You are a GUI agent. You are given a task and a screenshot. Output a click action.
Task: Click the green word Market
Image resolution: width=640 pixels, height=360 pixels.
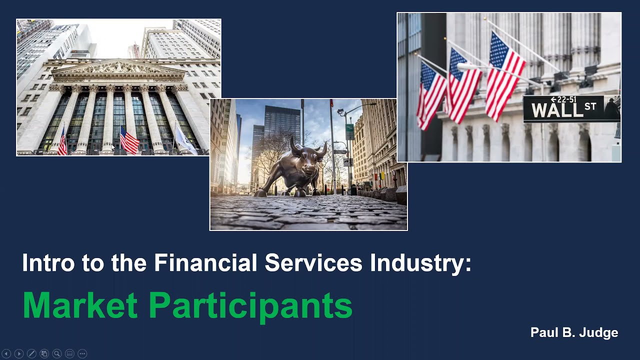tap(80, 305)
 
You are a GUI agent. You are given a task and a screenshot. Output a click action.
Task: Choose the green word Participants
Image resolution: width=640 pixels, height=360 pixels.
tap(250, 306)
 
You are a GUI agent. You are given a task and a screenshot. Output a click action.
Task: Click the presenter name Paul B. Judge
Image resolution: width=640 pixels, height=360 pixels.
tap(574, 332)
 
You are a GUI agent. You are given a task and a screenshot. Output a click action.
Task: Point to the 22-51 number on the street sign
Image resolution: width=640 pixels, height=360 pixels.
tap(565, 99)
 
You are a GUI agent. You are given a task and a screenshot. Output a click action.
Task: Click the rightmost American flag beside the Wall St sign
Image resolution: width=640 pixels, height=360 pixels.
tap(504, 75)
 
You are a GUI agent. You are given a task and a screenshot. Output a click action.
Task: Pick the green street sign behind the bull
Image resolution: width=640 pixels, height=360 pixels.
tap(349, 131)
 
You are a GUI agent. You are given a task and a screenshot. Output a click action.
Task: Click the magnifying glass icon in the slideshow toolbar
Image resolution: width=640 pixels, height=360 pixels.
tap(57, 353)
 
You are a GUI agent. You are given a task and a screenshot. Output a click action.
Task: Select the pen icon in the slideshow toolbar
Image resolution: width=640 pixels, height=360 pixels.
tap(31, 353)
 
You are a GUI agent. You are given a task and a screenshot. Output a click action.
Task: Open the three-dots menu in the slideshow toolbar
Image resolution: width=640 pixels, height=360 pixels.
tap(82, 353)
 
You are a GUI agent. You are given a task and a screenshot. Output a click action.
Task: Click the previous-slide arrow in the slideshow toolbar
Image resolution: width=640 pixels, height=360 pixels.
tap(6, 353)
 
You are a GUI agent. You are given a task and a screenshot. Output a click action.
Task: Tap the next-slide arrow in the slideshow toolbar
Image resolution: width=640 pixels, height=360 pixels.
tap(19, 353)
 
